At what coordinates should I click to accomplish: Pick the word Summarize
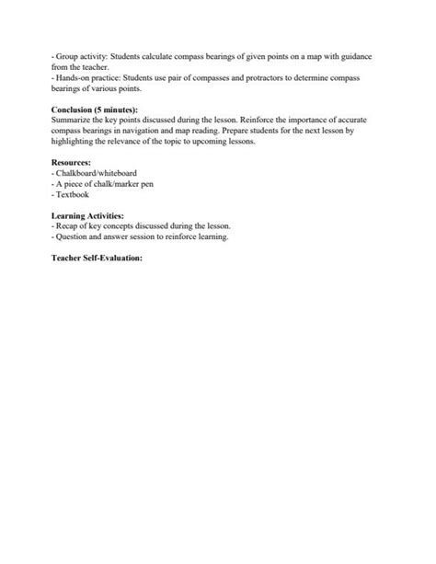click(x=73, y=120)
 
